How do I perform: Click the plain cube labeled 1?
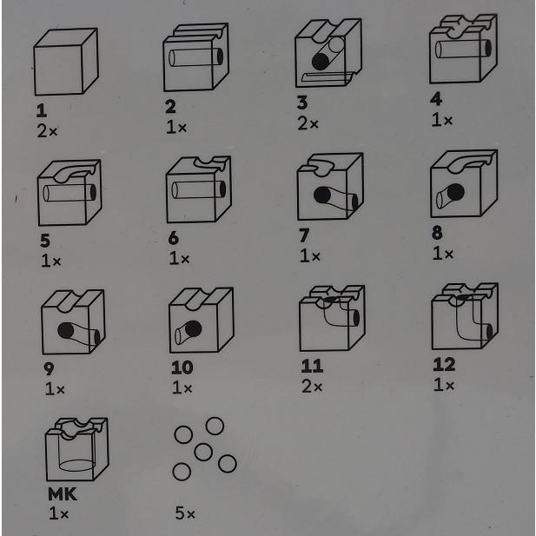click(66, 62)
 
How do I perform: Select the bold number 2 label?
click(170, 107)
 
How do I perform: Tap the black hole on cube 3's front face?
click(321, 62)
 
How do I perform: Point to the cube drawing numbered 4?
click(463, 49)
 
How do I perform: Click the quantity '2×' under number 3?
click(308, 123)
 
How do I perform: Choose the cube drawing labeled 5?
click(69, 193)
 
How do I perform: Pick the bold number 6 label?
click(174, 238)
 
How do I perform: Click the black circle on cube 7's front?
click(322, 195)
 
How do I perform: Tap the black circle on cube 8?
click(455, 192)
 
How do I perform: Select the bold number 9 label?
click(49, 369)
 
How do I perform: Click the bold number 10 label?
click(182, 367)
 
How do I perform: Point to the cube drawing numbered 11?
click(332, 318)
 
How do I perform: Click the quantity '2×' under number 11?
click(312, 387)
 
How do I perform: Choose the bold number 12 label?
click(444, 364)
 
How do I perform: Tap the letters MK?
click(63, 494)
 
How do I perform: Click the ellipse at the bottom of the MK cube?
click(77, 466)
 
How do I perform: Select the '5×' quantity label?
click(185, 513)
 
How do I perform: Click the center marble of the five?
click(203, 452)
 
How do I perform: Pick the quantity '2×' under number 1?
click(47, 131)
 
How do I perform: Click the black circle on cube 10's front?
click(193, 328)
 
